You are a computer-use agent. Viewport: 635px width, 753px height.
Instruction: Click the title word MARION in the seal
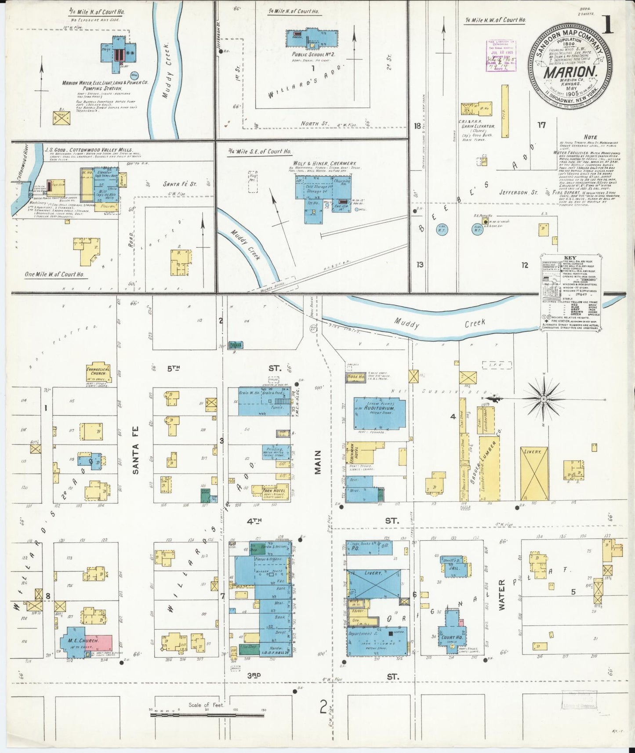(570, 72)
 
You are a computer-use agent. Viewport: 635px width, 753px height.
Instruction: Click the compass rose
(543, 399)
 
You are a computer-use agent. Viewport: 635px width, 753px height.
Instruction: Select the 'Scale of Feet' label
(206, 705)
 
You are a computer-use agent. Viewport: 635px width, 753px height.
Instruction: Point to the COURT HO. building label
(452, 637)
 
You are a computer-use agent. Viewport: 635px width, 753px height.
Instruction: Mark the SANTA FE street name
(136, 459)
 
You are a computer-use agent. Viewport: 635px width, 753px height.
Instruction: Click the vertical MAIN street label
(318, 462)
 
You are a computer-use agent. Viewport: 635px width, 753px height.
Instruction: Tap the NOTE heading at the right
(590, 138)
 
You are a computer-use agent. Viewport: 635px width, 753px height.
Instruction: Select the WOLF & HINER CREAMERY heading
(324, 163)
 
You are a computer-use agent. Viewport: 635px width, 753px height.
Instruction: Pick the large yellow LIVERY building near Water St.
(534, 474)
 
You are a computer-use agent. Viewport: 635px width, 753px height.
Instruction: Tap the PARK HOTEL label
(274, 490)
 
